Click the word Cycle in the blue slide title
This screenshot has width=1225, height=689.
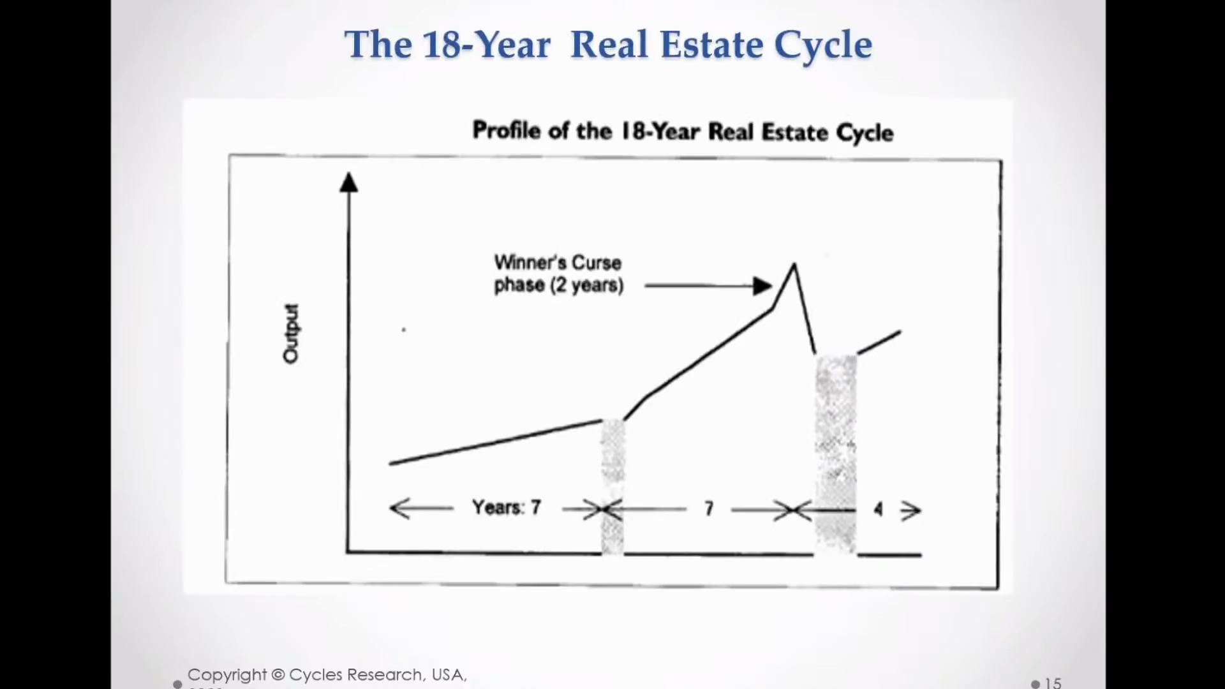[x=823, y=45]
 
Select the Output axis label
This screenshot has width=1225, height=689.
[x=291, y=334]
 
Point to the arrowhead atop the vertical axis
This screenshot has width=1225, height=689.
[x=348, y=183]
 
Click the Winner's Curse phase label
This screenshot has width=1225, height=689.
[x=558, y=274]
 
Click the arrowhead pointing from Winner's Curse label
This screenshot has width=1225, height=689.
[x=762, y=286]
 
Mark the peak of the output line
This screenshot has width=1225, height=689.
[x=794, y=264]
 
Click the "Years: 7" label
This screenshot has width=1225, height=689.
[x=507, y=508]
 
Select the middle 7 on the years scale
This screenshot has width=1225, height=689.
[x=709, y=508]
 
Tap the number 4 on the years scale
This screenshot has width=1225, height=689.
[x=879, y=509]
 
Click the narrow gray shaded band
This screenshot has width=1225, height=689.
[x=612, y=485]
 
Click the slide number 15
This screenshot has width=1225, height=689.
[x=1053, y=682]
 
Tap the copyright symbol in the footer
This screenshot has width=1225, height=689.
[x=278, y=675]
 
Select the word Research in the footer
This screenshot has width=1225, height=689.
[x=387, y=675]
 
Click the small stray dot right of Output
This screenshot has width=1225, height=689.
[x=404, y=330]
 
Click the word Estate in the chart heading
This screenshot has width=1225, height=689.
[x=795, y=132]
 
